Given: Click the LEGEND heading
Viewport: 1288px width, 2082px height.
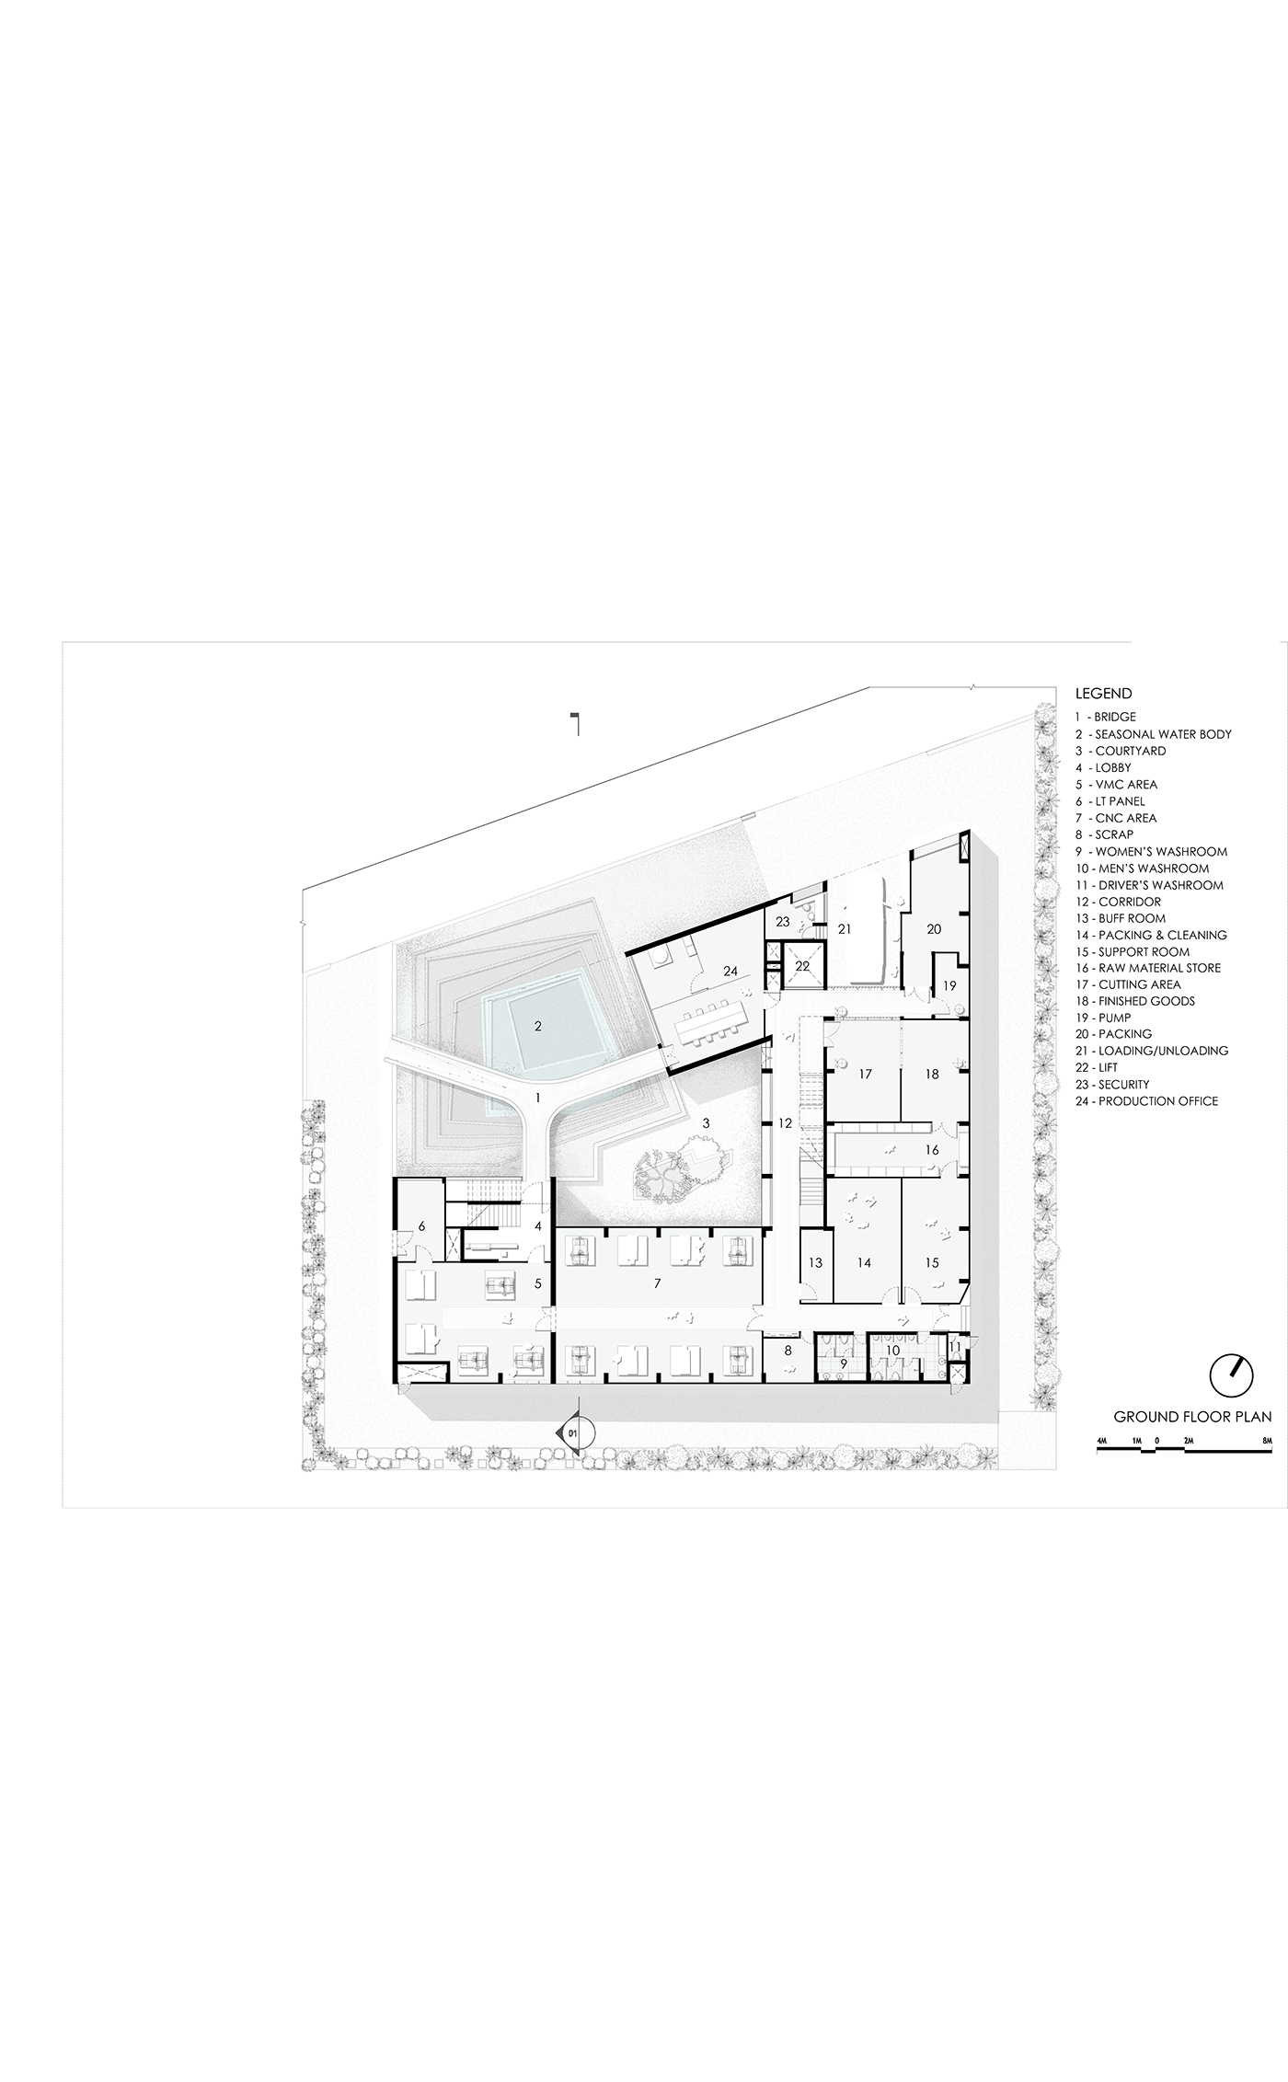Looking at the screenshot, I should pyautogui.click(x=1103, y=694).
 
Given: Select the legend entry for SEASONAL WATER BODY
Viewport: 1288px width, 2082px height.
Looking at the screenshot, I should pyautogui.click(x=1153, y=734).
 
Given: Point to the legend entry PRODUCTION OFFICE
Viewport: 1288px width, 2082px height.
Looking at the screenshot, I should pyautogui.click(x=1146, y=1101).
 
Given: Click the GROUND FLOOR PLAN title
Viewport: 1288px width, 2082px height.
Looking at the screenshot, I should pyautogui.click(x=1192, y=1417).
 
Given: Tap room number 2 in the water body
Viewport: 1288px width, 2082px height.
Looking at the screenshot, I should pyautogui.click(x=538, y=1025).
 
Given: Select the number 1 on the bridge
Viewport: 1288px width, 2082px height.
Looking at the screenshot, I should pyautogui.click(x=538, y=1098).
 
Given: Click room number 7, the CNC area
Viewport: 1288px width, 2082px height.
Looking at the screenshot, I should pyautogui.click(x=657, y=1283).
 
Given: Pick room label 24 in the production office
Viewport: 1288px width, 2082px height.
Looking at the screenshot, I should pyautogui.click(x=730, y=972).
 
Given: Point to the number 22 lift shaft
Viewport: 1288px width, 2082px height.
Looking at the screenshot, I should pyautogui.click(x=802, y=966).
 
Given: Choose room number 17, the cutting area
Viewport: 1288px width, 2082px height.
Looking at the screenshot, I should pyautogui.click(x=865, y=1074).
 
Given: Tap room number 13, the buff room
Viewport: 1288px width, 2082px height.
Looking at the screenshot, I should pyautogui.click(x=816, y=1263).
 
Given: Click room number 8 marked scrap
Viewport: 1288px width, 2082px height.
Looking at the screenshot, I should pyautogui.click(x=788, y=1351).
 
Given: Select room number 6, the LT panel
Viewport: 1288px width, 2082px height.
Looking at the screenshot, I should pyautogui.click(x=421, y=1226).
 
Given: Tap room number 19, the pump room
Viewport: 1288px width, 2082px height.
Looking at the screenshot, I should pyautogui.click(x=949, y=985).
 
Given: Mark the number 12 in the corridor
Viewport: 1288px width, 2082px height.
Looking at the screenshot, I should pyautogui.click(x=785, y=1123).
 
